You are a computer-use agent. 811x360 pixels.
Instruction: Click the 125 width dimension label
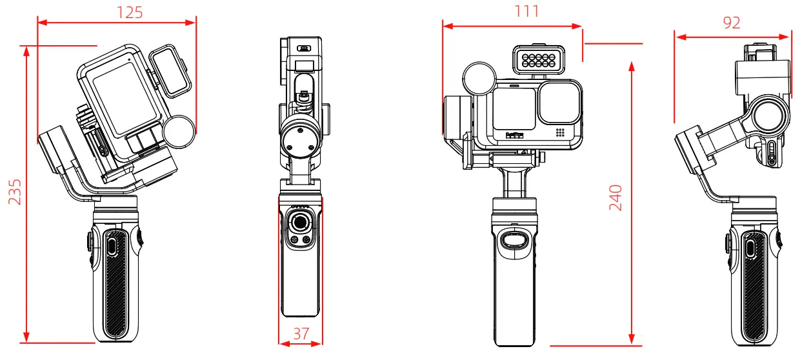pos(129,12)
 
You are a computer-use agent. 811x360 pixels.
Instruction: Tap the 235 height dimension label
pos(15,192)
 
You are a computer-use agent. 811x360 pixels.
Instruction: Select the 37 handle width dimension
pos(300,334)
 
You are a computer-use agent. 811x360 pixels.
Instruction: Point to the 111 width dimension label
pos(526,11)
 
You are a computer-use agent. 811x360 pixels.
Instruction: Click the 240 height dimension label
pos(616,198)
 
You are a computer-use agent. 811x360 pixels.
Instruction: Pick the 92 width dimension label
pos(732,23)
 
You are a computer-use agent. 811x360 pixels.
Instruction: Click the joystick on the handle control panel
pos(300,223)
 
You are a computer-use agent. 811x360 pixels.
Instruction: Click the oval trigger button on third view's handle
pos(514,242)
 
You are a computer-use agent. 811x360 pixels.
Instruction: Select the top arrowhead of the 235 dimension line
pos(26,51)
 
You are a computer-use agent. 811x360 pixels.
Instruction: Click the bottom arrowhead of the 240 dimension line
pos(632,338)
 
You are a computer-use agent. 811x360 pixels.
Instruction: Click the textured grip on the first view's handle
pos(115,284)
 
